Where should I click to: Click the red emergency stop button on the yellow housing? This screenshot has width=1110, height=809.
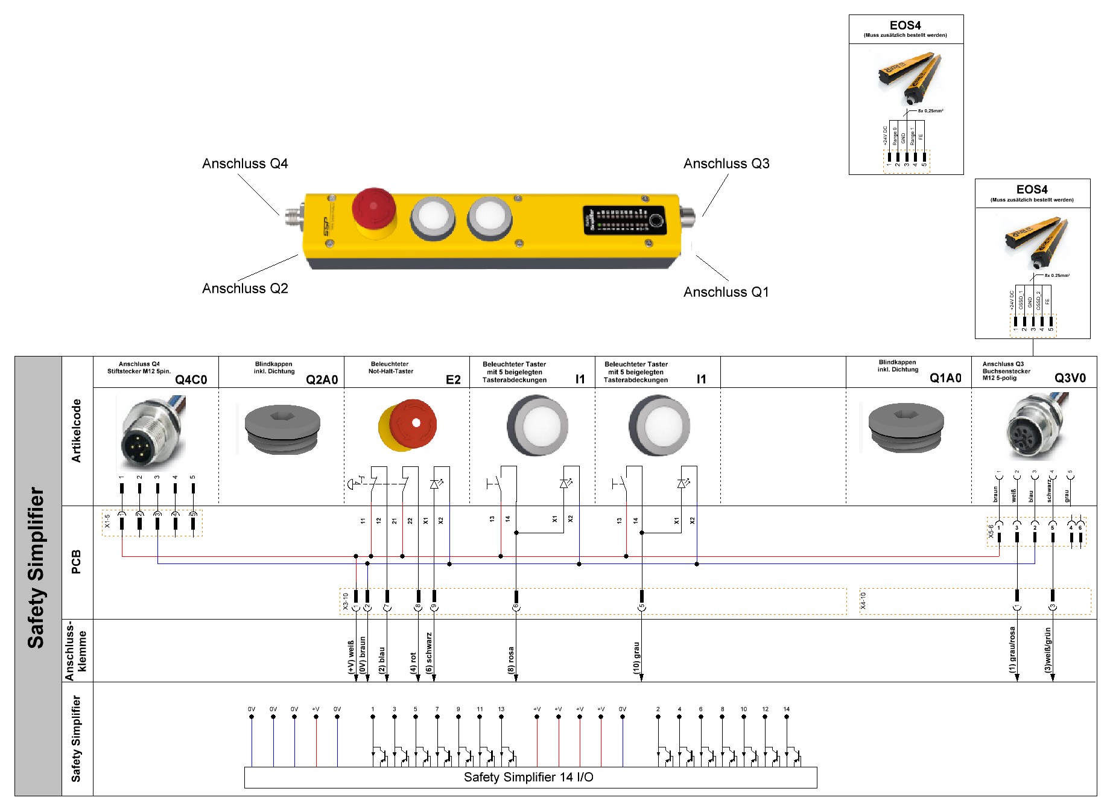pyautogui.click(x=373, y=208)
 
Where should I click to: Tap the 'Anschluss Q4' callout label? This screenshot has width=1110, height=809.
pyautogui.click(x=245, y=163)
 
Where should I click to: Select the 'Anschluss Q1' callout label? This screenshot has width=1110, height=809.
pyautogui.click(x=726, y=292)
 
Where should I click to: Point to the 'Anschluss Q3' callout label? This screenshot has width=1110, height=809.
pyautogui.click(x=726, y=163)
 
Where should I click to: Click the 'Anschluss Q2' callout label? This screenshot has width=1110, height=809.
pyautogui.click(x=245, y=288)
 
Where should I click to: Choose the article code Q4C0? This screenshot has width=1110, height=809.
pyautogui.click(x=191, y=379)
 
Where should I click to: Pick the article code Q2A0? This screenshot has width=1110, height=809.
pyautogui.click(x=322, y=379)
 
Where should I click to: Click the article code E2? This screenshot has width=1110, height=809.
pyautogui.click(x=453, y=379)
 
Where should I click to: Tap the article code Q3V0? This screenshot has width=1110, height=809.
pyautogui.click(x=1070, y=378)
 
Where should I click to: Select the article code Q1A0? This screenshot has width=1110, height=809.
pyautogui.click(x=945, y=378)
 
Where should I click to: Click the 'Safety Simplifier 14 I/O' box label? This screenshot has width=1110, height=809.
pyautogui.click(x=528, y=777)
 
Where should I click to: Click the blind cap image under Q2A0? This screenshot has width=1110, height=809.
pyautogui.click(x=282, y=428)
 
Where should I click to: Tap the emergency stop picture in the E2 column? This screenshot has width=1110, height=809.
pyautogui.click(x=408, y=425)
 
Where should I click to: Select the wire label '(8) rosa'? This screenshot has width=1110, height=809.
pyautogui.click(x=511, y=660)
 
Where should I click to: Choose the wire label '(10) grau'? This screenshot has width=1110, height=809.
pyautogui.click(x=636, y=658)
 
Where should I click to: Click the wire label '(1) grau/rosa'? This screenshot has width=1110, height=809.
pyautogui.click(x=1012, y=650)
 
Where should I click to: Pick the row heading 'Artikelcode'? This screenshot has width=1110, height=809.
pyautogui.click(x=77, y=431)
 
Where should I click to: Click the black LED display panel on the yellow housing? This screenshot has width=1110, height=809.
pyautogui.click(x=624, y=220)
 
